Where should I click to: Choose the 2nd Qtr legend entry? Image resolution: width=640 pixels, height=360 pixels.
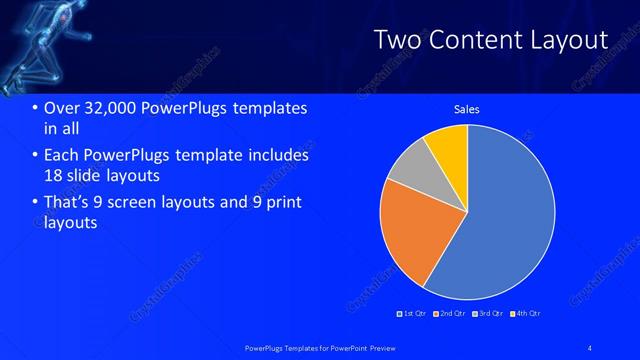tap(450, 313)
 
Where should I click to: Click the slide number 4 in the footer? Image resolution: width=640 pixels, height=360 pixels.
tap(590, 347)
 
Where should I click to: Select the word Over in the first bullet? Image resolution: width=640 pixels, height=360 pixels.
tap(61, 108)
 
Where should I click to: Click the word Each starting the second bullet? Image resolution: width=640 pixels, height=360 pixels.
tap(62, 156)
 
